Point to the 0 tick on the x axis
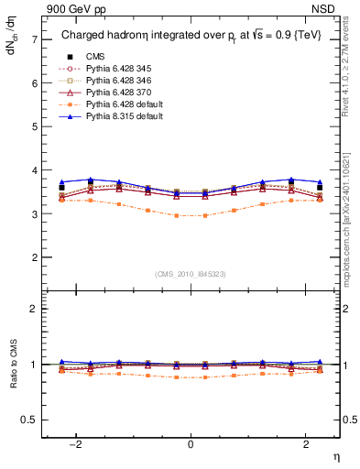point(191,444)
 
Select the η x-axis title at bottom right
point(335,455)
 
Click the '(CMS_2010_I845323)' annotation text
point(191,274)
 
